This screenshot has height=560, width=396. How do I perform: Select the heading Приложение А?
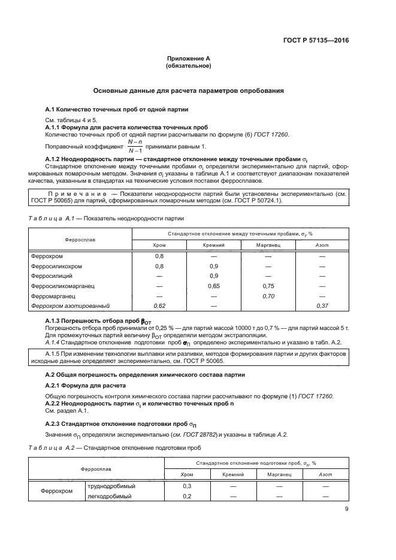point(188,59)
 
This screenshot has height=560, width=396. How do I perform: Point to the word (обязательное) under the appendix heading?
point(188,66)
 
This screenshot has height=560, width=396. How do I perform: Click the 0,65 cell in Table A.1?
point(213,286)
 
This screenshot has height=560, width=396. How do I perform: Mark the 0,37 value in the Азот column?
point(322,305)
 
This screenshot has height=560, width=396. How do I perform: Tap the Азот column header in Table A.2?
point(322,474)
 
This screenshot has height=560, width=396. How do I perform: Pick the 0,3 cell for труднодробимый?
point(186,486)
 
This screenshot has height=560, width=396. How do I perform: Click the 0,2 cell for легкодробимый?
point(186,497)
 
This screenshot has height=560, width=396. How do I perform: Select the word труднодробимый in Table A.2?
point(111,486)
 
